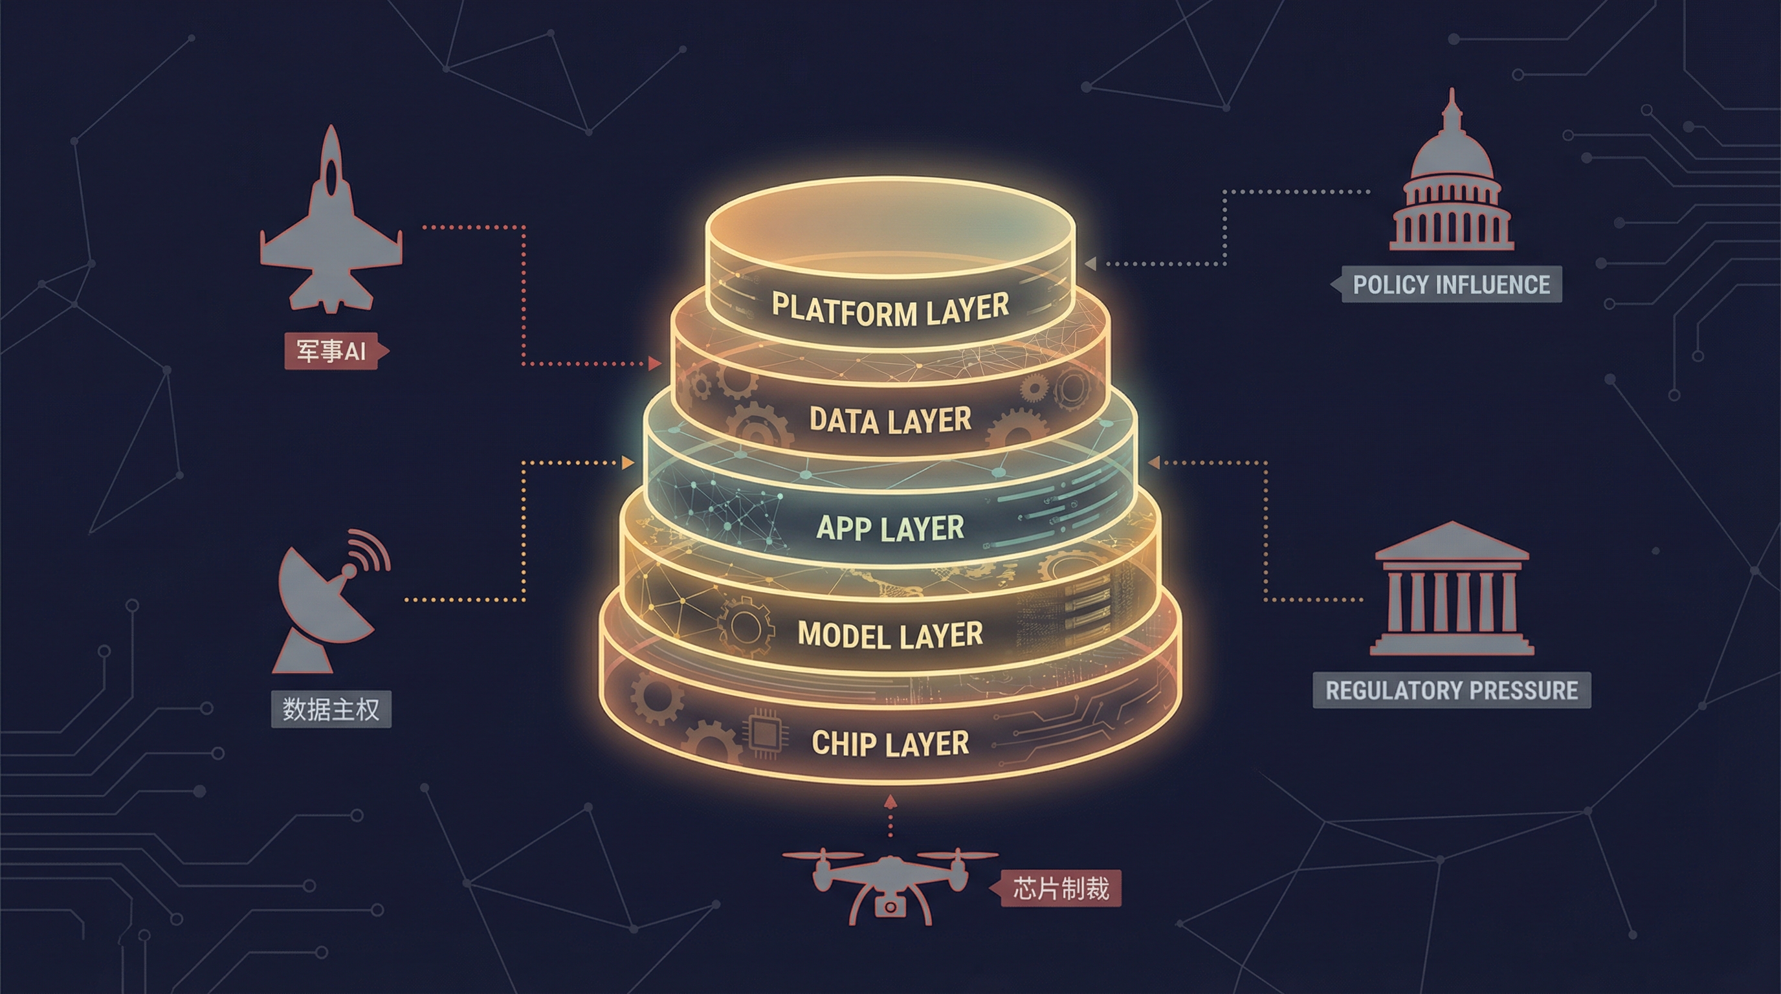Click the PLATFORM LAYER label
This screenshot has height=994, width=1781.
pos(890,308)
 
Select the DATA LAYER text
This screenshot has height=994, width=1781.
pos(890,419)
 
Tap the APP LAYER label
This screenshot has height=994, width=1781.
pos(890,528)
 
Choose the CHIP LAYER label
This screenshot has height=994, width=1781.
pos(890,744)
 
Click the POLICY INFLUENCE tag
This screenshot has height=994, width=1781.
pos(1450,285)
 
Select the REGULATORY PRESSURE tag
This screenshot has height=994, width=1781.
pos(1451,690)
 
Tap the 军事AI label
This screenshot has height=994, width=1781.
pos(331,351)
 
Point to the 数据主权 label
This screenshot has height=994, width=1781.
pos(331,709)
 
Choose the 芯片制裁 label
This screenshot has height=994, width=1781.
pos(1061,889)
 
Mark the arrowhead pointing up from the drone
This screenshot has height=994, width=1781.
pos(890,801)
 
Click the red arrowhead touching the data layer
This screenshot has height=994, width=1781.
pos(654,364)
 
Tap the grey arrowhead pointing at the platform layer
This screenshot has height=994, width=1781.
pos(1090,263)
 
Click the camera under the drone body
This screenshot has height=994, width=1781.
pos(890,906)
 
